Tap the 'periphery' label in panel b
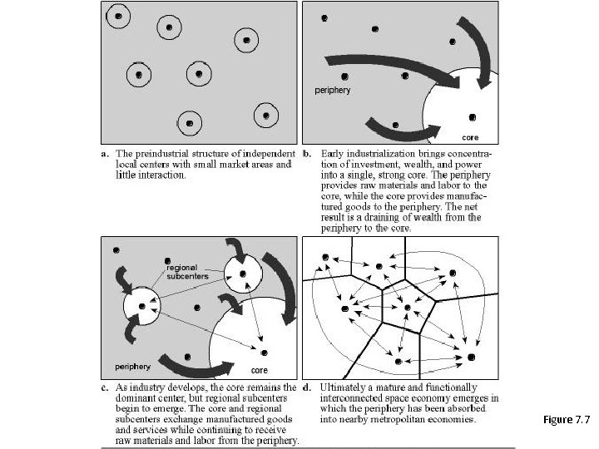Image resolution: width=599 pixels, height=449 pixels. [x=331, y=89]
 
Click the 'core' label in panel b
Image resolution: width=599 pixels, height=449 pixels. [x=470, y=137]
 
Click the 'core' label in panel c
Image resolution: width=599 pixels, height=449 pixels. [x=259, y=370]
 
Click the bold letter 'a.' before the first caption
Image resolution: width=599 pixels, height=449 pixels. [x=105, y=154]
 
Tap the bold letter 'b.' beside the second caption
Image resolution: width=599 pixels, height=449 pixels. [x=307, y=154]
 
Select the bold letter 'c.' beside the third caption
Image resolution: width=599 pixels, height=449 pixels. [x=105, y=387]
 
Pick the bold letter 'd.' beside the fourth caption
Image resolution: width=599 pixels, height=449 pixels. [x=307, y=387]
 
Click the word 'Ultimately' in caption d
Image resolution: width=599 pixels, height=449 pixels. [x=341, y=387]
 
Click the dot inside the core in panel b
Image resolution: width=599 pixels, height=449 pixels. [x=473, y=117]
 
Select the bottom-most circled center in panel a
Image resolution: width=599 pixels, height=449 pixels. [x=190, y=123]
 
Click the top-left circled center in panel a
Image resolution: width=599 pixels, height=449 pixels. [x=120, y=16]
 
